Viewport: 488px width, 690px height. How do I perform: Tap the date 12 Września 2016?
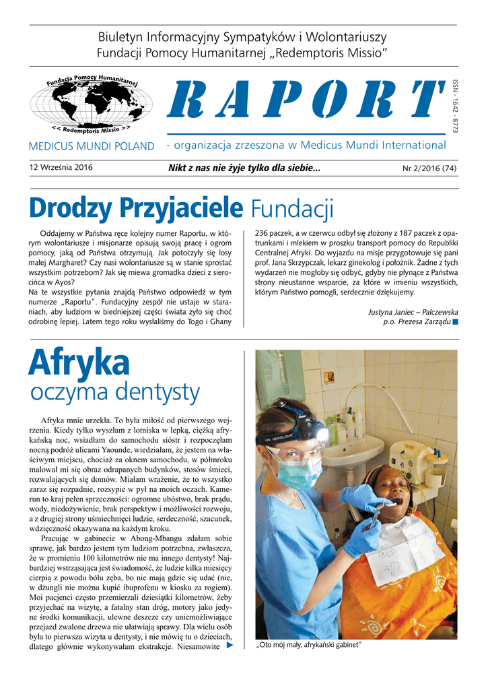coord(61,167)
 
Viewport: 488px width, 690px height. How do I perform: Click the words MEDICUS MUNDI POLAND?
coord(92,146)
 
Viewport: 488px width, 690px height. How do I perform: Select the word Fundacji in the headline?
coord(292,208)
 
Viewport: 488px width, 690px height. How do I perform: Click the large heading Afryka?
coord(79,364)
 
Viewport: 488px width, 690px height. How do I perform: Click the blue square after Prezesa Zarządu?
coord(456,322)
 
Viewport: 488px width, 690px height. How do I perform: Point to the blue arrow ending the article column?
coord(230,645)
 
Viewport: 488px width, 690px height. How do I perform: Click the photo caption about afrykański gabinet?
coord(309,646)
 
